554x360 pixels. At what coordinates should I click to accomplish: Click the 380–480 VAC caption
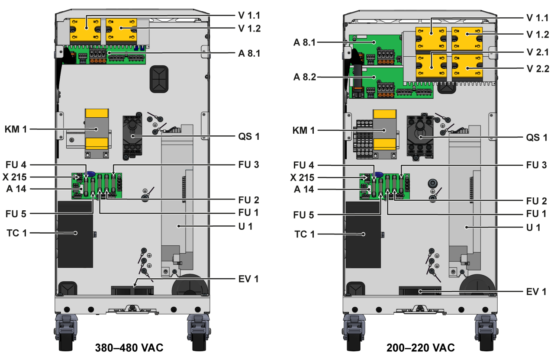click(129, 348)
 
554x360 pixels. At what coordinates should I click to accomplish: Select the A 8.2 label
click(305, 77)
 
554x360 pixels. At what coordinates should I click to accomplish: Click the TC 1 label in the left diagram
click(17, 233)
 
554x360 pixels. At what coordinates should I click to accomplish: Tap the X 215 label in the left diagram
click(17, 177)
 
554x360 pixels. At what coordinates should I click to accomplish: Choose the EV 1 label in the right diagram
click(536, 291)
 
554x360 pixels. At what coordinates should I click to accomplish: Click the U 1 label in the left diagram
click(245, 226)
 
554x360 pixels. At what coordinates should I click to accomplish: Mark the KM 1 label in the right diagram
click(304, 130)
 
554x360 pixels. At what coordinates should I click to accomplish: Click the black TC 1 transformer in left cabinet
click(75, 234)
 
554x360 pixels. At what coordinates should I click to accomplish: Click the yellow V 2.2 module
click(467, 68)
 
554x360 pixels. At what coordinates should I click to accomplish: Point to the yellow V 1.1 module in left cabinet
click(85, 30)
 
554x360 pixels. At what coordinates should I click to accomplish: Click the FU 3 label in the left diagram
click(248, 165)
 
